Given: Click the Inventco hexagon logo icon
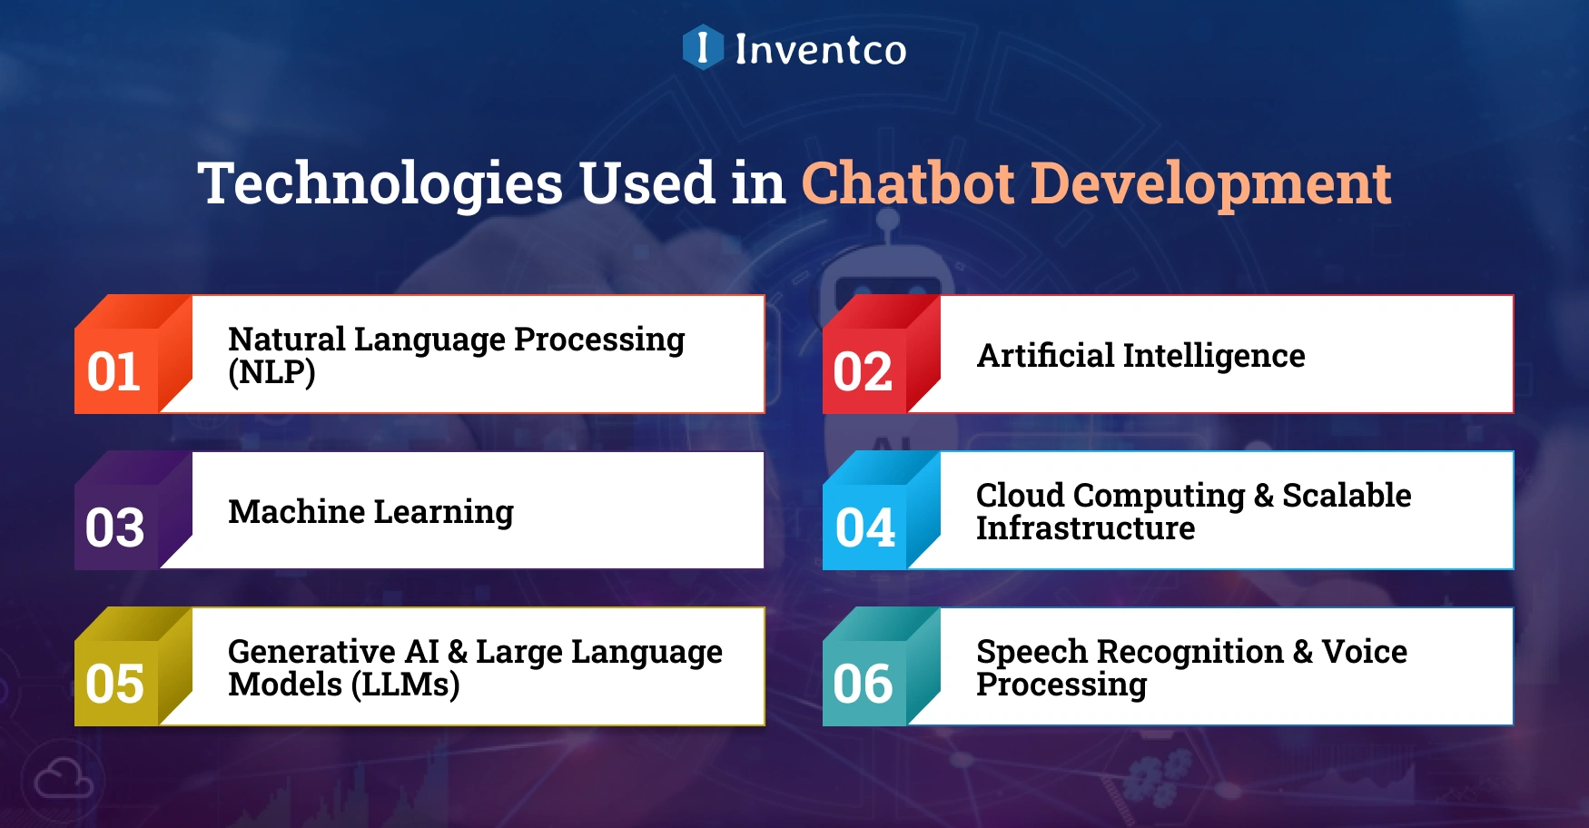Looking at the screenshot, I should (x=703, y=47).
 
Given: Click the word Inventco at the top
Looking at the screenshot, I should (x=820, y=49).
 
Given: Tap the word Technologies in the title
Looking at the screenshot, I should (x=380, y=183).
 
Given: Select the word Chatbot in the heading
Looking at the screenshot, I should (x=907, y=183).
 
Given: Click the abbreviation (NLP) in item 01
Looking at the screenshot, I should (x=271, y=372).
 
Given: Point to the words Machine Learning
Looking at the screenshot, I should (x=370, y=512).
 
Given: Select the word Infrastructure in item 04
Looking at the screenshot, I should (x=1085, y=528).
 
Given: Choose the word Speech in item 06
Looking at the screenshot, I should (x=1031, y=652).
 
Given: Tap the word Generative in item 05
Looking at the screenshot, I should (x=311, y=652).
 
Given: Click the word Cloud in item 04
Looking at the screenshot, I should (x=1020, y=496).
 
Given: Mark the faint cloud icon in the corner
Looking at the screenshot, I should (x=63, y=780).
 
